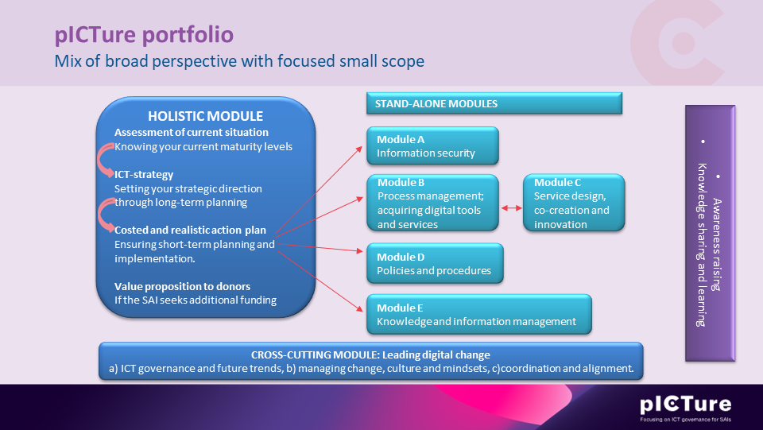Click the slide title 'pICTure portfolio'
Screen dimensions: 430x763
(144, 36)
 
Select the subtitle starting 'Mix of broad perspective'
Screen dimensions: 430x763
(239, 61)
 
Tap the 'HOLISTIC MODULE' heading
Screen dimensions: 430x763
(205, 116)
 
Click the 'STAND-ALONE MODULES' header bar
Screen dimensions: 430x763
(493, 104)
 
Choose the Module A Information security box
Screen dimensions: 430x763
(432, 145)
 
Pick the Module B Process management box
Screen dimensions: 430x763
(432, 203)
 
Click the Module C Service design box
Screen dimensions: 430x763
(574, 203)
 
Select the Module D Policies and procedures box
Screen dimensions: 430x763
(434, 264)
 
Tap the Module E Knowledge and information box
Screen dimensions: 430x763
(478, 314)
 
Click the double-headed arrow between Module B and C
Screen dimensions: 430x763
(511, 209)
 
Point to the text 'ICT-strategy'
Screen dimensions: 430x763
(144, 174)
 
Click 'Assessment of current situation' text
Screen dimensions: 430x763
(192, 132)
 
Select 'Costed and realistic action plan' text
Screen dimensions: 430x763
(190, 230)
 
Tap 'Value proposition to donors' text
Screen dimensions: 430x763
(182, 285)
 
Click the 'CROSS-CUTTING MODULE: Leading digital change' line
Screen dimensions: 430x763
(370, 354)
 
